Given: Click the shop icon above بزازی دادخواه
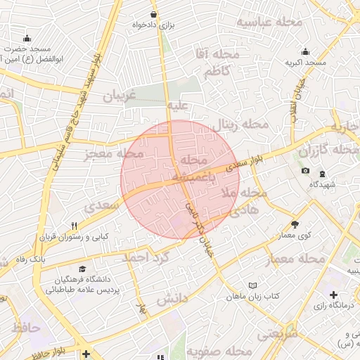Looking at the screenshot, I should (x=154, y=14).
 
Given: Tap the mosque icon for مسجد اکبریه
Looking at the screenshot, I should (x=305, y=51).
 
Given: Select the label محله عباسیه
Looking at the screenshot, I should (x=269, y=22).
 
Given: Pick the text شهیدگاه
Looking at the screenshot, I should (x=322, y=184).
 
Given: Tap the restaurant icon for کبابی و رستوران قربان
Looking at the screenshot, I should (x=74, y=226).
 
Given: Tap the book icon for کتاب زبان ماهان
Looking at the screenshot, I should (x=252, y=285).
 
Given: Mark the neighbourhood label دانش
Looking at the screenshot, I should (x=172, y=300).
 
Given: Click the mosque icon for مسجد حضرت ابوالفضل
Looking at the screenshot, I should (x=27, y=38).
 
